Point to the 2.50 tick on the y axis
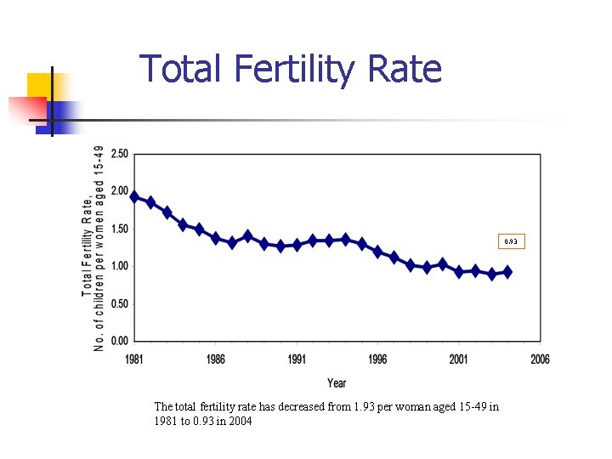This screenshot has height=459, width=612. click(119, 154)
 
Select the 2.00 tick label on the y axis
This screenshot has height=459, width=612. click(119, 191)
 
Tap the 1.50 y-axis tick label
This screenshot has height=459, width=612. click(119, 229)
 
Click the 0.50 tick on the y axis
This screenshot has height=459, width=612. click(119, 303)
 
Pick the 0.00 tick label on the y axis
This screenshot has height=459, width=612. click(119, 341)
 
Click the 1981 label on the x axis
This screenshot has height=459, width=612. click(133, 360)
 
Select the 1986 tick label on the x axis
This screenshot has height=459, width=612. click(215, 360)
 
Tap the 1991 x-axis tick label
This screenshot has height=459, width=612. click(297, 360)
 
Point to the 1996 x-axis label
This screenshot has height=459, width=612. click(377, 360)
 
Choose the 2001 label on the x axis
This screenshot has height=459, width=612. click(459, 360)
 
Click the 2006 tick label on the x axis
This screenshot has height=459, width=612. click(540, 360)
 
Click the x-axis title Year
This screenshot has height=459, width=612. click(337, 383)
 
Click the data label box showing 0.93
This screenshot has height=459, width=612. click(511, 242)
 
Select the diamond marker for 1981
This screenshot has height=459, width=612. click(134, 196)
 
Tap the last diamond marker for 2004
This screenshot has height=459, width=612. click(507, 272)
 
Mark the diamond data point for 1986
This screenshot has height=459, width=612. click(216, 238)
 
